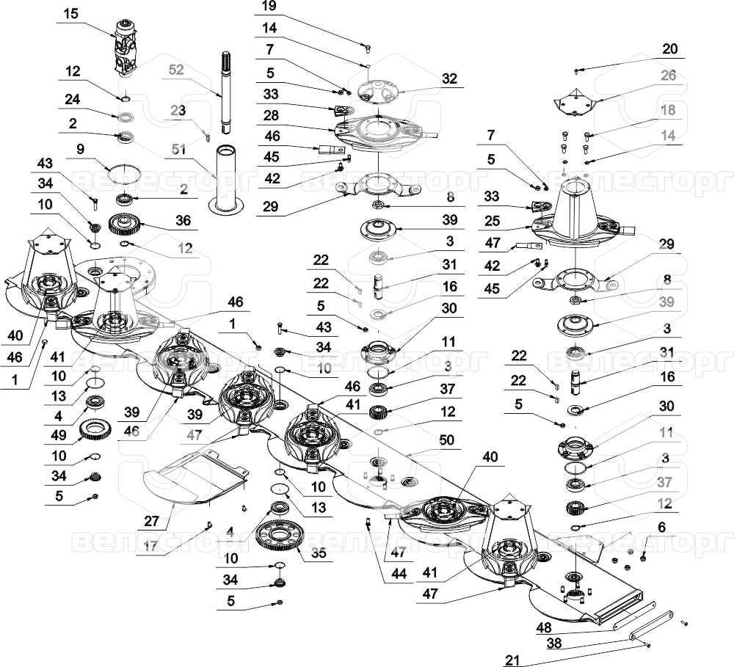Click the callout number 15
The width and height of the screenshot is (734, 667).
70,14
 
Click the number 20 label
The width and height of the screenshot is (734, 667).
669,49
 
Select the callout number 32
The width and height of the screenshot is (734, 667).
449,77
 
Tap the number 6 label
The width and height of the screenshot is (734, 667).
661,527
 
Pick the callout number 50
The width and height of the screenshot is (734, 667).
446,440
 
